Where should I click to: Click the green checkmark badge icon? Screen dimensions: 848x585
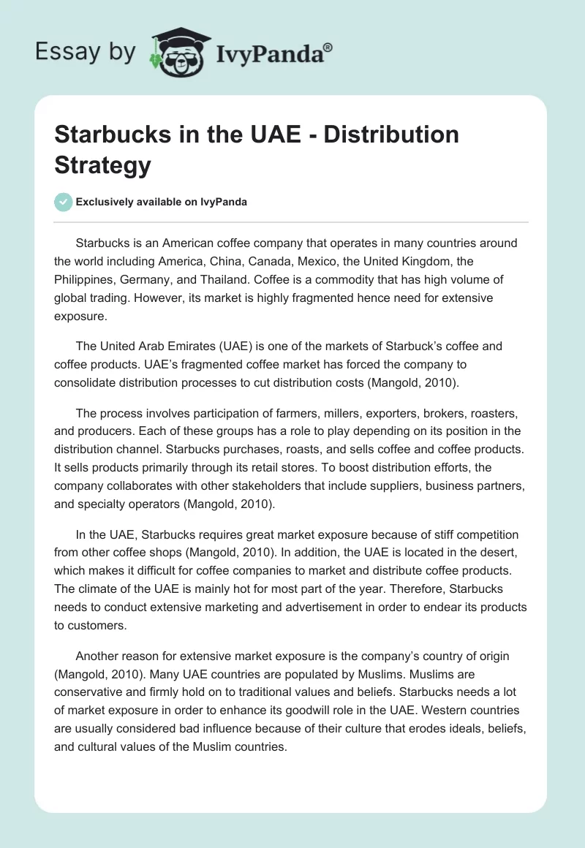pos(64,202)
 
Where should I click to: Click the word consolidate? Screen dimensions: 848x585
pos(89,382)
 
